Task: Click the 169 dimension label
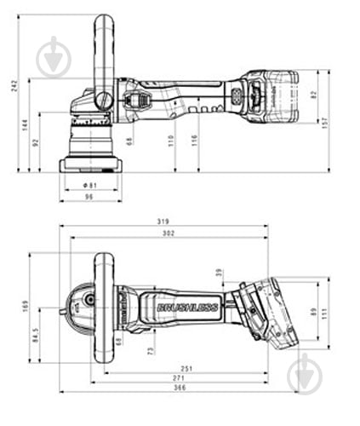tap(26, 306)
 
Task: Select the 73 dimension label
tap(151, 349)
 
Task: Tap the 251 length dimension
tap(186, 368)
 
